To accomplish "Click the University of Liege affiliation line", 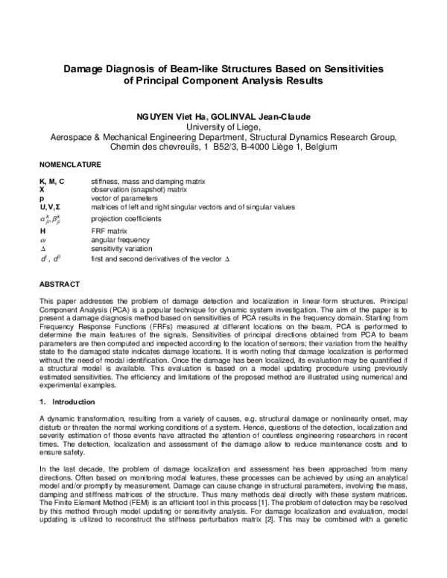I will pyautogui.click(x=222, y=127).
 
